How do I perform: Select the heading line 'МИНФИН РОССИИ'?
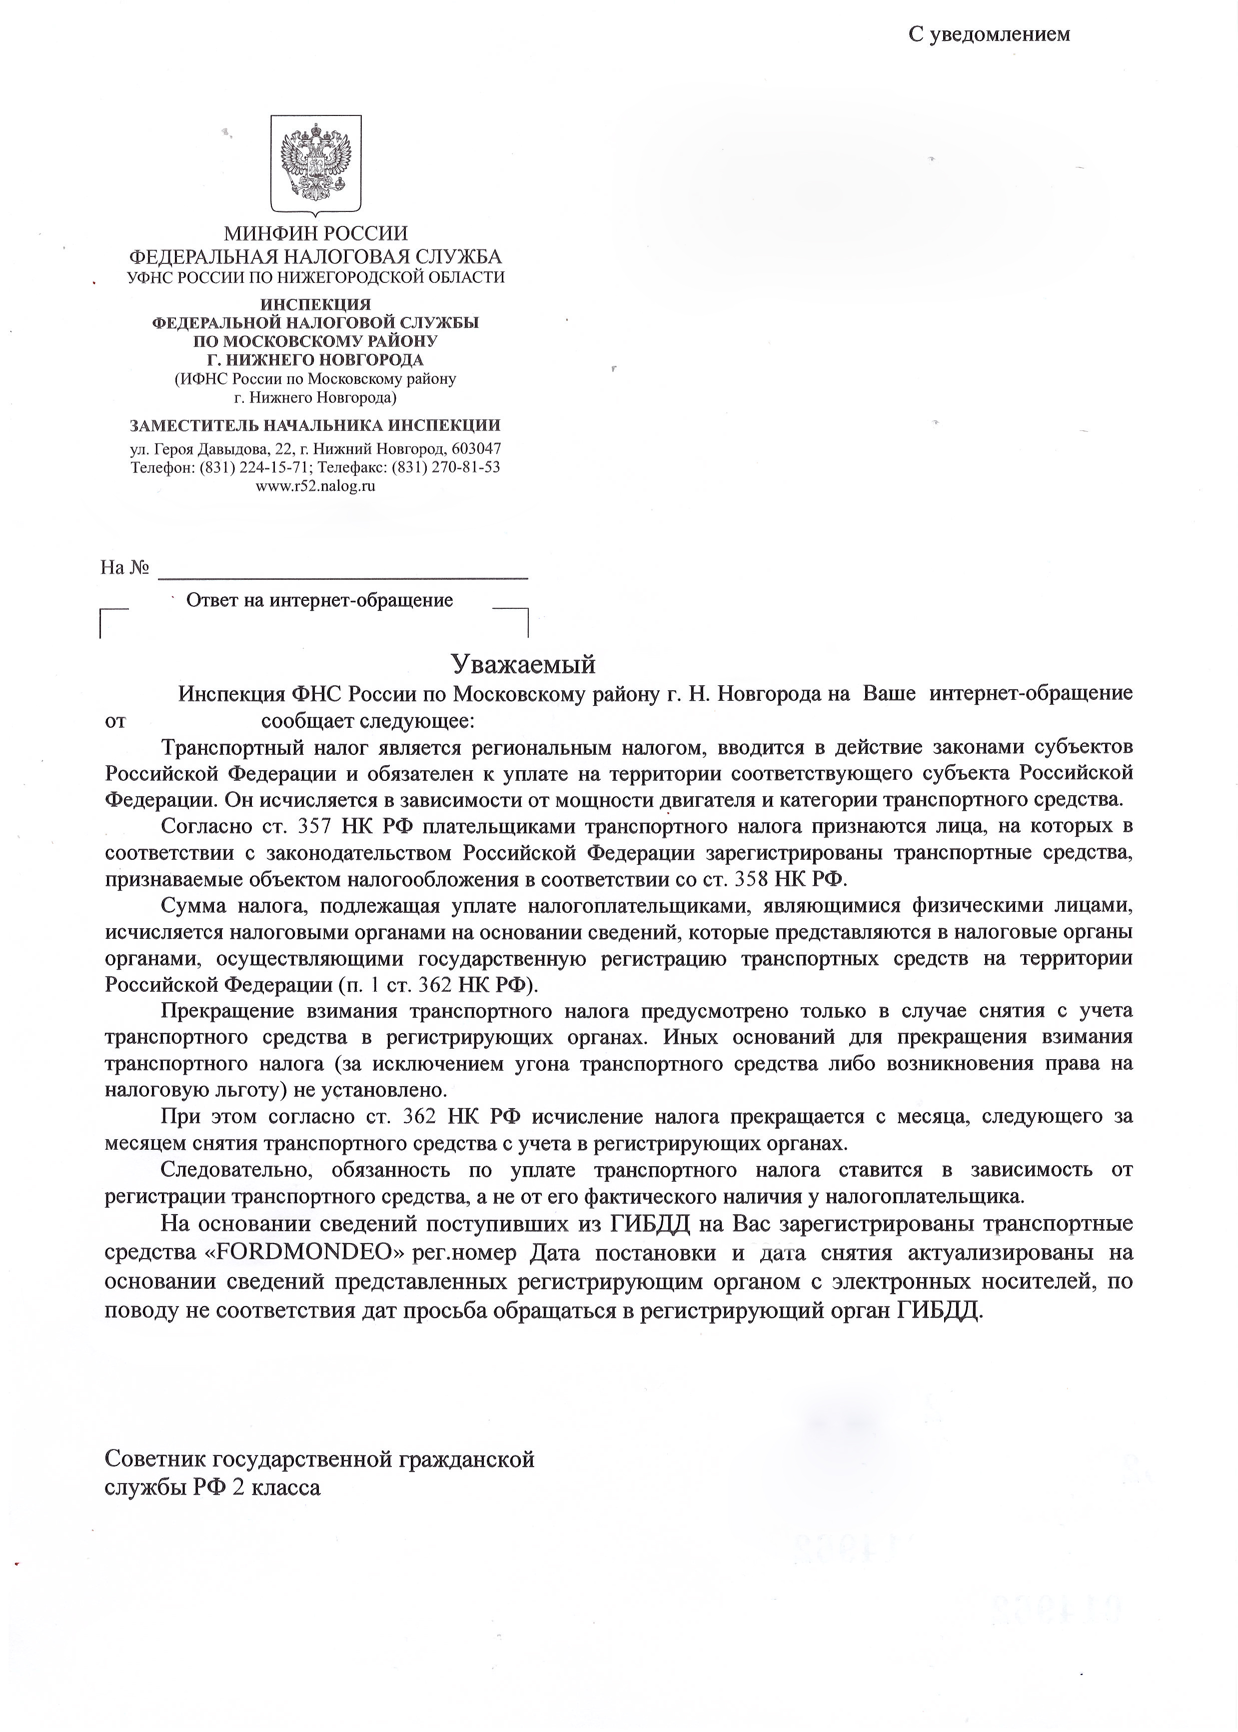[315, 233]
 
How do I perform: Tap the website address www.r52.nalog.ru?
[315, 485]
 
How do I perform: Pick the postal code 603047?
[476, 448]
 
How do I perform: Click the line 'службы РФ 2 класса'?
[213, 1487]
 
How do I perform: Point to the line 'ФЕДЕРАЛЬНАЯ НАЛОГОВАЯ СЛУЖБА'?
[315, 256]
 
